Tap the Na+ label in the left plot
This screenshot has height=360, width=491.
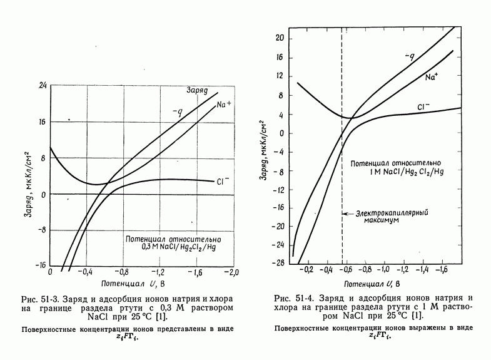pyautogui.click(x=225, y=105)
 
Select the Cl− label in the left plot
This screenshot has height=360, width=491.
pyautogui.click(x=224, y=182)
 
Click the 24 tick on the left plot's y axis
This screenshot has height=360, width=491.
pyautogui.click(x=39, y=85)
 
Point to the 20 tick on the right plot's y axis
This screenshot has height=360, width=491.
pyautogui.click(x=280, y=38)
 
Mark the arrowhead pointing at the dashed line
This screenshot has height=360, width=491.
pyautogui.click(x=345, y=213)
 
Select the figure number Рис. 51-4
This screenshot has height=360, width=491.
pyautogui.click(x=296, y=297)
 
